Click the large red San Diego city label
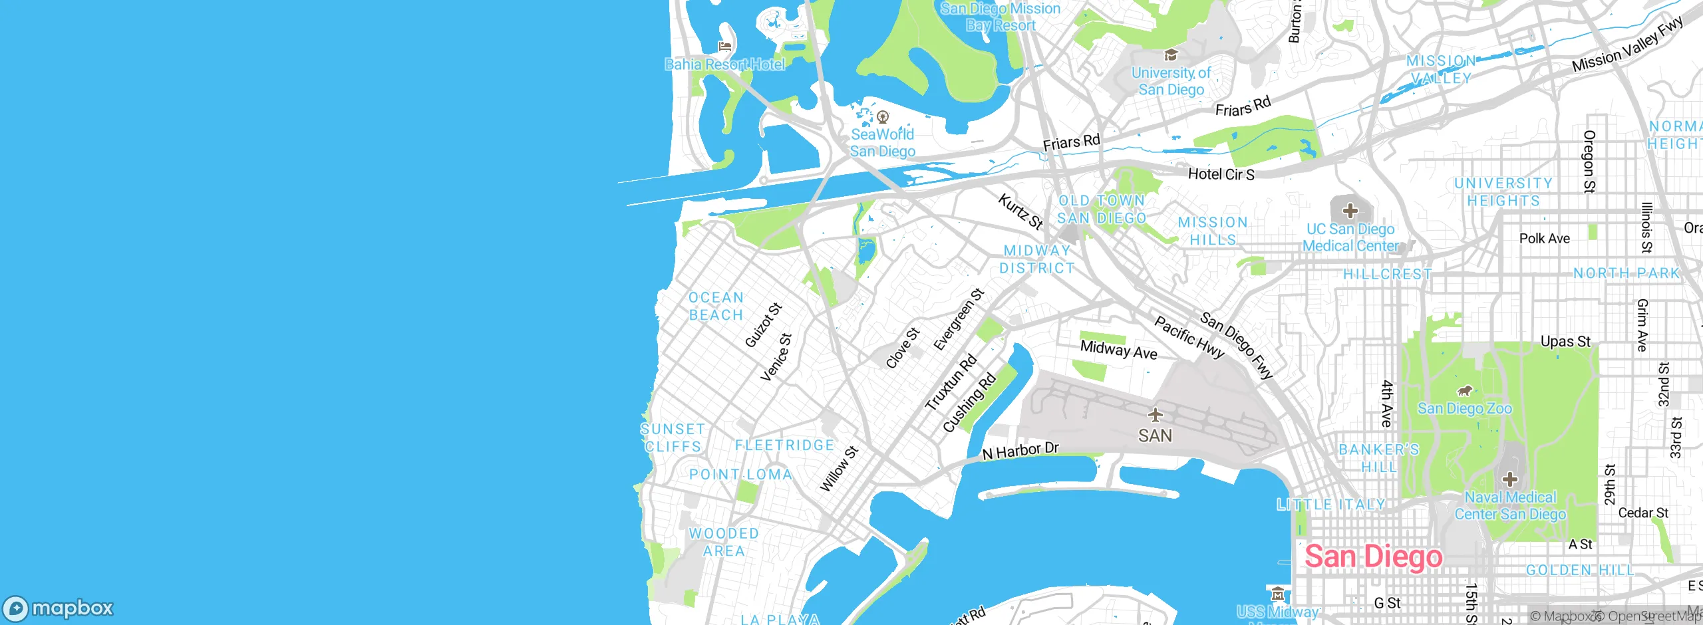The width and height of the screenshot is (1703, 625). coord(1373,557)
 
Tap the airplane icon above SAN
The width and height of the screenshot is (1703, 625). coord(1156,416)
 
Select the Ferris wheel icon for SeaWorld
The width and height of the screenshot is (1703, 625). coord(883,118)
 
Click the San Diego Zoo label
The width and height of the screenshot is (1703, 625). coord(1465,408)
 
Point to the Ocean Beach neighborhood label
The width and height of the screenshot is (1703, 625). coord(716,307)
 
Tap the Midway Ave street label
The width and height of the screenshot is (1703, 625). coord(1118,349)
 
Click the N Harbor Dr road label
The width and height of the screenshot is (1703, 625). coord(1020,451)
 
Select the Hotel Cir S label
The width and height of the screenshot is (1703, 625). coord(1221,174)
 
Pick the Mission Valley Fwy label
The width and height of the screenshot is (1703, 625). coord(1627,44)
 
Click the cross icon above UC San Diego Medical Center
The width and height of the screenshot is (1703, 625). coord(1350,211)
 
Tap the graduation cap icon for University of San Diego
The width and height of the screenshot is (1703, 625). coord(1171,55)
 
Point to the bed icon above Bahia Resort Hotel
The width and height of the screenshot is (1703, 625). coord(725,47)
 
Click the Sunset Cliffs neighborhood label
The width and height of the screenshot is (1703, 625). coord(672,437)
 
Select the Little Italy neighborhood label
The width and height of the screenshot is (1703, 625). coord(1330,505)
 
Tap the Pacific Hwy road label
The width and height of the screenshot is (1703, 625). coord(1189,338)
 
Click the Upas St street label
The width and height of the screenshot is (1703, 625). coord(1565,342)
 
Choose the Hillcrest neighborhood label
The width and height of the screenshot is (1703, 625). coord(1387,274)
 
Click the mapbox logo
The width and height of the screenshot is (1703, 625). coord(59,608)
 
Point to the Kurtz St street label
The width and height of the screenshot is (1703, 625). coord(1020,211)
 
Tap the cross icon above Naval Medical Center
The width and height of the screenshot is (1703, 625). coord(1510,479)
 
